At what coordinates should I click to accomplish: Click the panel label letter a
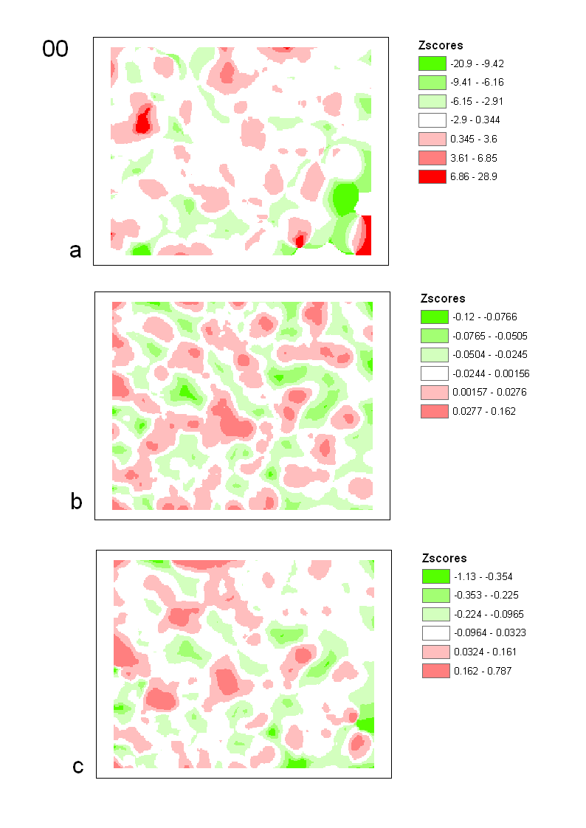75,251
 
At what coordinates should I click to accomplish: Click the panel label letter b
76,502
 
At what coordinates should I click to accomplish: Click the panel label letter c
77,767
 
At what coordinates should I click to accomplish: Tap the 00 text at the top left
55,49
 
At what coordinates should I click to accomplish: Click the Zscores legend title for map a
440,46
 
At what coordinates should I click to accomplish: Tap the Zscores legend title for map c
444,559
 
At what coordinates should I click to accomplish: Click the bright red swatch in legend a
432,177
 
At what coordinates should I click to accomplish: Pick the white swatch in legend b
434,373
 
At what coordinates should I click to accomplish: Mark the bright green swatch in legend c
435,576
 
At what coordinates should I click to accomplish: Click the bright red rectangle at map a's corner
364,235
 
